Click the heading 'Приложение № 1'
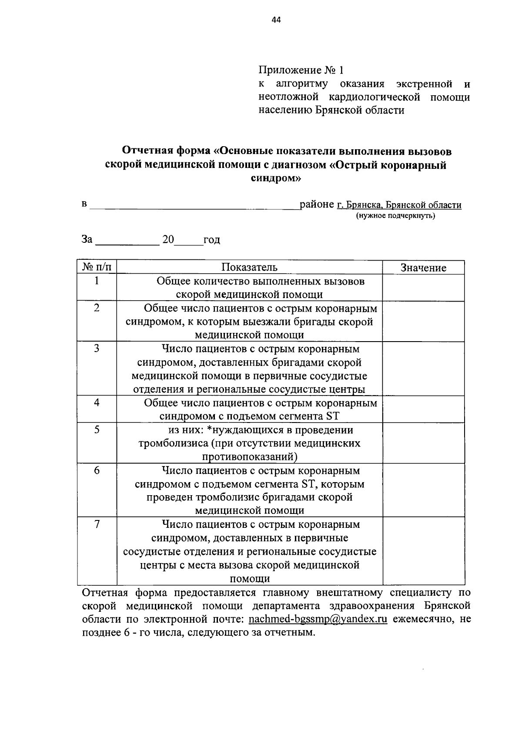(x=301, y=70)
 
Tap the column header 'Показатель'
(x=249, y=267)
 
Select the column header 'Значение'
(x=423, y=268)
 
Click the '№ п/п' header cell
(x=97, y=267)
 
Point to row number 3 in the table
(x=97, y=348)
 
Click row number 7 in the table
(x=97, y=524)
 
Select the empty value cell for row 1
(x=423, y=288)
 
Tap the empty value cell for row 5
(x=423, y=443)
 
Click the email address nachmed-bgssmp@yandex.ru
(x=318, y=620)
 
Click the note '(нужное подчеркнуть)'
(x=395, y=216)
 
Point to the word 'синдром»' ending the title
(x=276, y=178)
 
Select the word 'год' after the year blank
(x=212, y=240)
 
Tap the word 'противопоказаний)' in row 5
(x=250, y=457)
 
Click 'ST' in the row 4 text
(x=332, y=416)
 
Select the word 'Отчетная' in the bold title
(x=147, y=151)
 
